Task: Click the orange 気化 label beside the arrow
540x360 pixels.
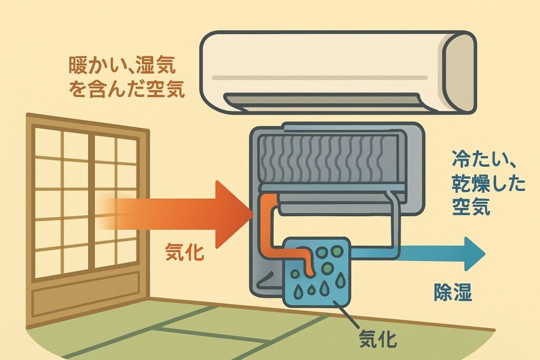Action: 185,252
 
